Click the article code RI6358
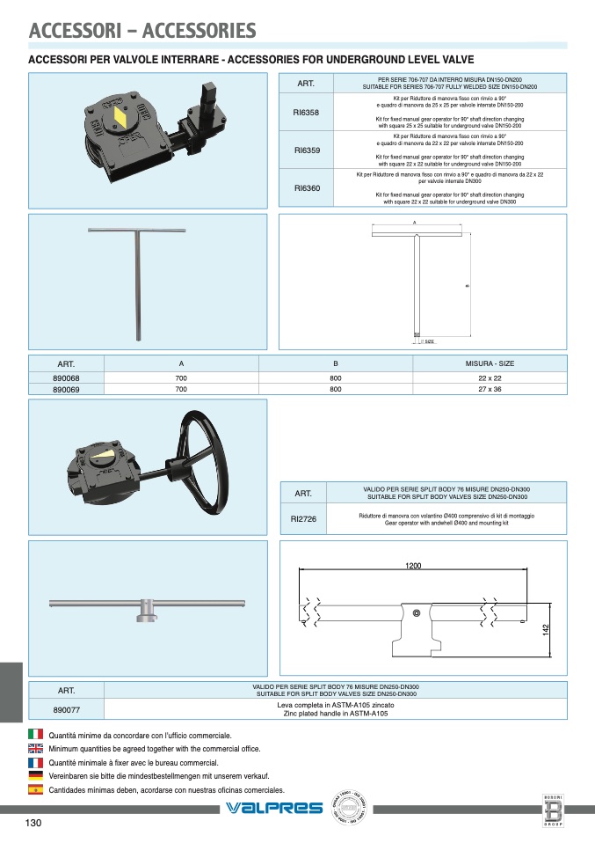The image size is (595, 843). [x=306, y=114]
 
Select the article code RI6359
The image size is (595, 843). [x=306, y=150]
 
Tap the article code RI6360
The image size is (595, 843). [x=306, y=188]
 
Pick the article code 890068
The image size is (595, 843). [x=66, y=378]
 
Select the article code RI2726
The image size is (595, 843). [x=303, y=519]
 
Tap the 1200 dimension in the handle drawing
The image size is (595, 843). [x=414, y=565]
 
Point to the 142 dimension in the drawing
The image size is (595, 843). [x=545, y=630]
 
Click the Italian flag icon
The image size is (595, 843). [x=35, y=734]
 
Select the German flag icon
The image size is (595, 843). [x=35, y=776]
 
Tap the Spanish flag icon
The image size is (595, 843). [x=35, y=790]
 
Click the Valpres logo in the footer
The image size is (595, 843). [x=274, y=808]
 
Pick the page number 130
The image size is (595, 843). [x=33, y=824]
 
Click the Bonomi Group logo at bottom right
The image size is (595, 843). [x=553, y=810]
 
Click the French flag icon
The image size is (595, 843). [x=35, y=762]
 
